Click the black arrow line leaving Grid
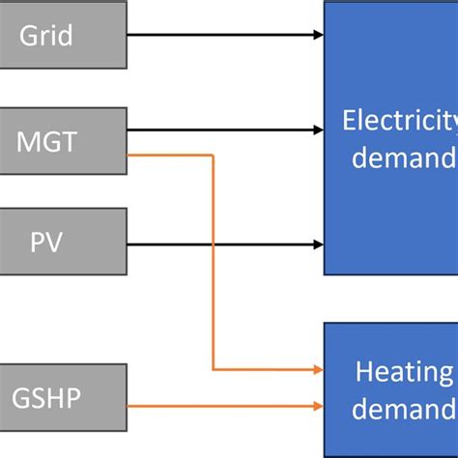tap(222, 36)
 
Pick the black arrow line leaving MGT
tap(222, 129)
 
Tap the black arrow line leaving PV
tap(222, 243)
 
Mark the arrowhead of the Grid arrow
tap(318, 36)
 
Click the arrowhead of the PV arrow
tap(318, 243)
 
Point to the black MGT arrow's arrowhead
tap(318, 129)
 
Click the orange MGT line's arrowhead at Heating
tap(318, 370)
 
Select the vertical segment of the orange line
tap(213, 261)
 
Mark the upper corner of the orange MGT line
tap(213, 154)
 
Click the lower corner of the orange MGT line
tap(213, 370)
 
